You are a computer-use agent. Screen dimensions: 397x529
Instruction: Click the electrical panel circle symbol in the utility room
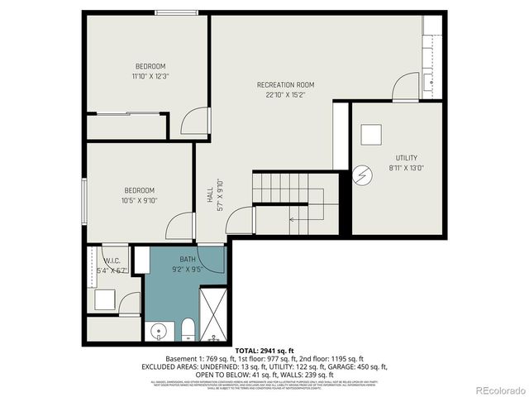(x=361, y=175)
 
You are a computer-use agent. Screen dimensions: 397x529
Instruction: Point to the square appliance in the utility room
(x=371, y=134)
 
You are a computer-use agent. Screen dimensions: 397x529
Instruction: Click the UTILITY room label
(x=406, y=157)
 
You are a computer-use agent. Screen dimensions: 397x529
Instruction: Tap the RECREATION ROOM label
(x=285, y=84)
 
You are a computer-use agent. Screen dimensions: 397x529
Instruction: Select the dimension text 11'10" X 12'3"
(x=150, y=76)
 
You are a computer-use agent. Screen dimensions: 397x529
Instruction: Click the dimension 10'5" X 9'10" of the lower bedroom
(x=140, y=199)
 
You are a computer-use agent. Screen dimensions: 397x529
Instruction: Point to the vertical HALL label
(x=210, y=195)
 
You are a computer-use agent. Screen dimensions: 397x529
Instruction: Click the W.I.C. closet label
(x=112, y=260)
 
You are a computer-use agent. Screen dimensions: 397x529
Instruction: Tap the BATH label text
(x=187, y=259)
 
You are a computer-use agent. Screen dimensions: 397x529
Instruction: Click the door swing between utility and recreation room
(x=406, y=87)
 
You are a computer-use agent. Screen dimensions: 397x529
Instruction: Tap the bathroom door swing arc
(x=237, y=220)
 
